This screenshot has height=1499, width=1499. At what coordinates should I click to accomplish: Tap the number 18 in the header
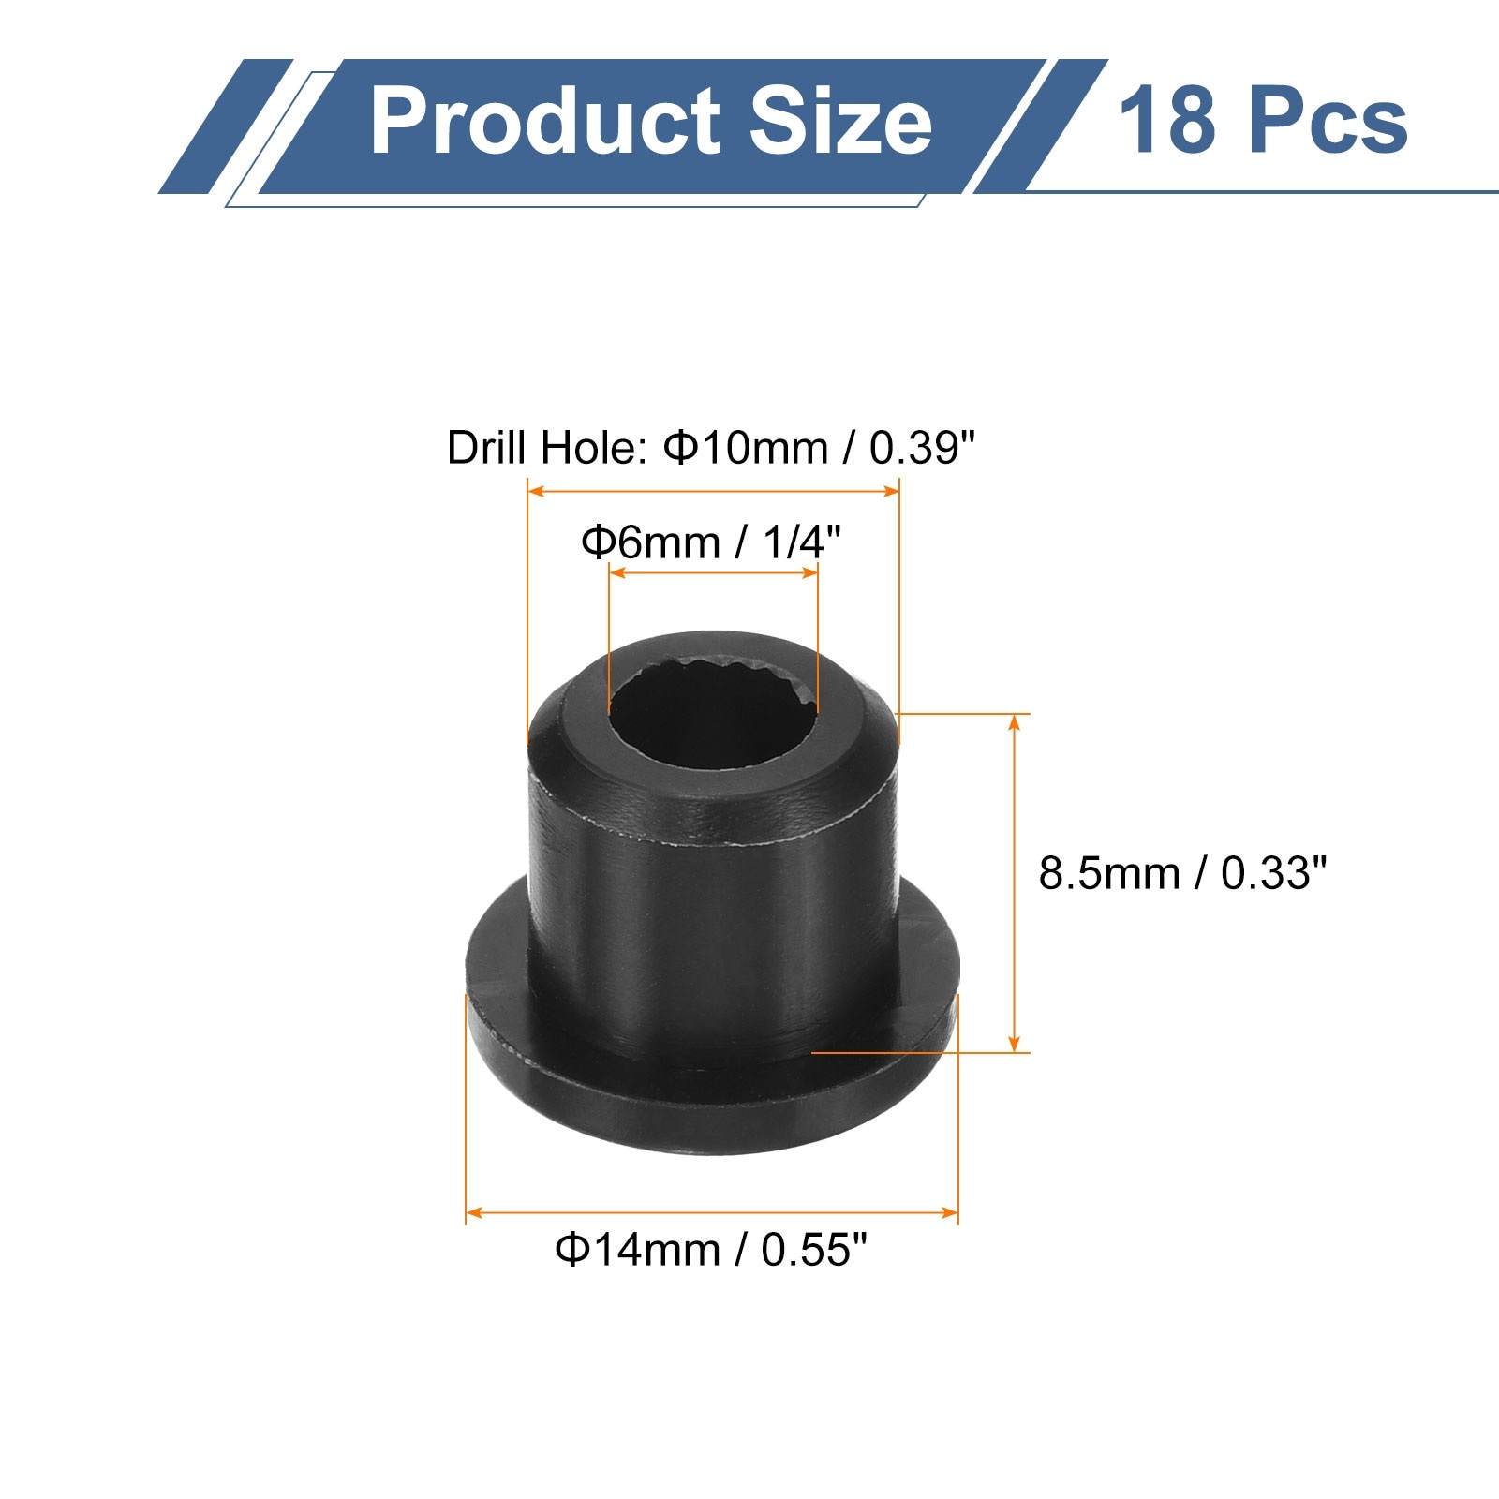(1165, 121)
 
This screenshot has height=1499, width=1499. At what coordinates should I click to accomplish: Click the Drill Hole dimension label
(711, 448)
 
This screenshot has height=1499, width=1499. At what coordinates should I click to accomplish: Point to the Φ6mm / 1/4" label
(711, 542)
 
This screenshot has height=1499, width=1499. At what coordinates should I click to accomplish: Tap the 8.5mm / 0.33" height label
(1182, 873)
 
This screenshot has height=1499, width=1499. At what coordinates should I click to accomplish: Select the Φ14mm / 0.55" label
(711, 1250)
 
